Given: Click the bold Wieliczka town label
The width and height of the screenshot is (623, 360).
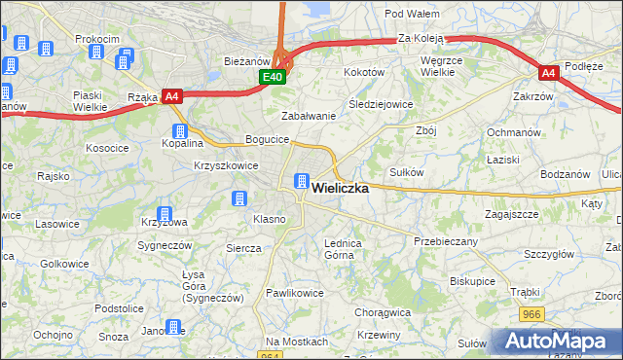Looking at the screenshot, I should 339,190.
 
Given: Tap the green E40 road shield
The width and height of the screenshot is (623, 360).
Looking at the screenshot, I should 273,77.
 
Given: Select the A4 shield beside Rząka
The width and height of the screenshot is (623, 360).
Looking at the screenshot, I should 172,96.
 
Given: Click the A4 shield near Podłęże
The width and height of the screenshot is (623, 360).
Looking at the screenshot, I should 549,72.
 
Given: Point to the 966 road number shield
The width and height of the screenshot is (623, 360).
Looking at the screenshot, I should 531,314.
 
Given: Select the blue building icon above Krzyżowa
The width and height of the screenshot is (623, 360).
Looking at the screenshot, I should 165,213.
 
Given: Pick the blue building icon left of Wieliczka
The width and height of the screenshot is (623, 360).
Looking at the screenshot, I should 302,181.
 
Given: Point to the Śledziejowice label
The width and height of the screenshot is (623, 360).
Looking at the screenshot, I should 381,104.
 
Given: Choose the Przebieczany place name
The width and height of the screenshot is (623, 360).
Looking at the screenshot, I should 446,241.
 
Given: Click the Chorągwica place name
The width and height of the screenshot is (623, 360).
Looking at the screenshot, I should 383,313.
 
